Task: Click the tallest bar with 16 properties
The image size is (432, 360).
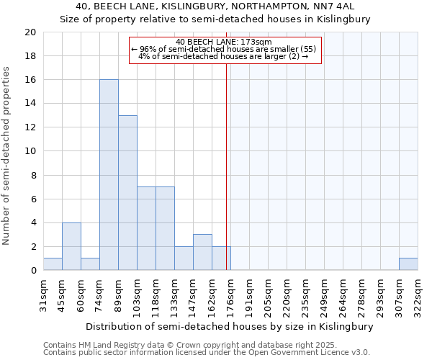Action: click(109, 175)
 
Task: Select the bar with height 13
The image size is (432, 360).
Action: click(127, 193)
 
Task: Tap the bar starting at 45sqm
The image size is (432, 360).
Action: click(71, 246)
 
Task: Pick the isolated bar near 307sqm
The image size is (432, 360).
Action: click(408, 264)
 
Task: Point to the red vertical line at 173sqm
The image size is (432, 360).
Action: click(226, 166)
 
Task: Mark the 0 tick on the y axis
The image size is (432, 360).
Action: click(32, 270)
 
